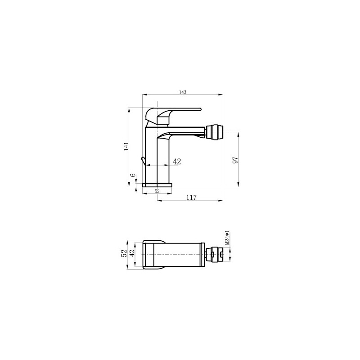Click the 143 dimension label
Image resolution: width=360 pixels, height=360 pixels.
[183, 92]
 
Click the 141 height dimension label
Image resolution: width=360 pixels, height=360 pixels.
[126, 147]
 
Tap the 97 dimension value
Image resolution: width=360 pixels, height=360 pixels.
[235, 160]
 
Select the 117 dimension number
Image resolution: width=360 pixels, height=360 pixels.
[192, 197]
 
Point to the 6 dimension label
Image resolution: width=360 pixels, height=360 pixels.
[133, 175]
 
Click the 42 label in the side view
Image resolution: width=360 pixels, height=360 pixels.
[177, 162]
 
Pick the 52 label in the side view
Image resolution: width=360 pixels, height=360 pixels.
[157, 191]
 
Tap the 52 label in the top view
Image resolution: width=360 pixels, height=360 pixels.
[124, 253]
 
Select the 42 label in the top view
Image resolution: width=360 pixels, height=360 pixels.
[131, 253]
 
